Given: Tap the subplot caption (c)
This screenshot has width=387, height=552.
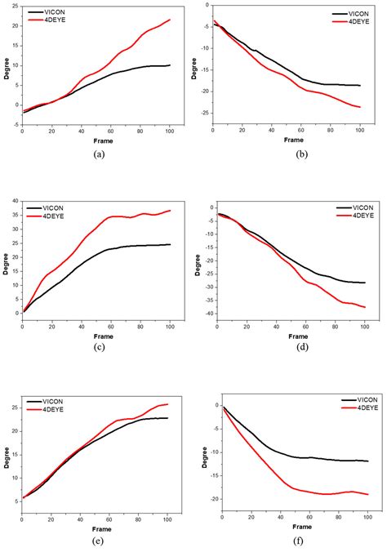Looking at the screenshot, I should click(96, 345).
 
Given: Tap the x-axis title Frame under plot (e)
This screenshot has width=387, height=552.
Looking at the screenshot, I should click(96, 528).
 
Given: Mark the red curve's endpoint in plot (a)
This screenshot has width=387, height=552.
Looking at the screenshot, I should click(170, 20).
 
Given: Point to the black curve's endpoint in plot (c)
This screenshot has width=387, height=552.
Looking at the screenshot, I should click(170, 244).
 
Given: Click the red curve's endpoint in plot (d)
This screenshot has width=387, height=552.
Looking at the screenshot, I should click(365, 307).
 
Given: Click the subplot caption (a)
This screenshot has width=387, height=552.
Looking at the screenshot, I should click(96, 153).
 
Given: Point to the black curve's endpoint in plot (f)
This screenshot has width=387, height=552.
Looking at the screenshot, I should click(367, 461).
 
